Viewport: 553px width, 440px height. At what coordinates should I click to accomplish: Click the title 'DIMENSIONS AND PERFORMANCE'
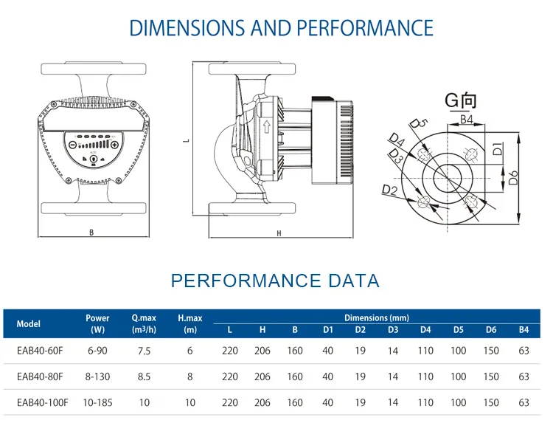point(281,28)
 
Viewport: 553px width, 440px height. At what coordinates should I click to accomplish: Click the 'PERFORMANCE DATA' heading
point(275,281)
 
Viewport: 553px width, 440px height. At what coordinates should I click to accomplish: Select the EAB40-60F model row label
point(40,351)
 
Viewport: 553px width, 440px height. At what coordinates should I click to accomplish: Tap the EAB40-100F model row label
point(42,402)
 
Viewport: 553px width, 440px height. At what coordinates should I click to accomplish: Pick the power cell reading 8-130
point(97,377)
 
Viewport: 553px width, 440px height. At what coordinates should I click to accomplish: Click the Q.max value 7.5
point(143,351)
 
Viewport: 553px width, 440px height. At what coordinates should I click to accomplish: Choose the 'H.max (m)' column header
point(189,323)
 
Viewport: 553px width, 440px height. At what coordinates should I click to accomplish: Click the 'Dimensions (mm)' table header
point(376,317)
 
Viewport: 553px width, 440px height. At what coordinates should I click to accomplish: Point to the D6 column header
point(491,330)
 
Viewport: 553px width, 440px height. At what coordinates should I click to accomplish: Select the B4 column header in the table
point(524,330)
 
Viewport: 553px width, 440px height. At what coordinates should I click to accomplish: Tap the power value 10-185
point(97,402)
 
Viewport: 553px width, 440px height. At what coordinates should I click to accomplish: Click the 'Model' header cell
point(29,323)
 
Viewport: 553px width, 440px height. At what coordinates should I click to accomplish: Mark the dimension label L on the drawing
point(187,139)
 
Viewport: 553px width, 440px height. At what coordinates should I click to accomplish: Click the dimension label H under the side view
point(279,233)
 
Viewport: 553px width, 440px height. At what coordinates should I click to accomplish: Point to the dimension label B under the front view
point(91,233)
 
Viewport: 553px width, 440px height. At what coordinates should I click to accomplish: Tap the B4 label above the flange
point(466,119)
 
